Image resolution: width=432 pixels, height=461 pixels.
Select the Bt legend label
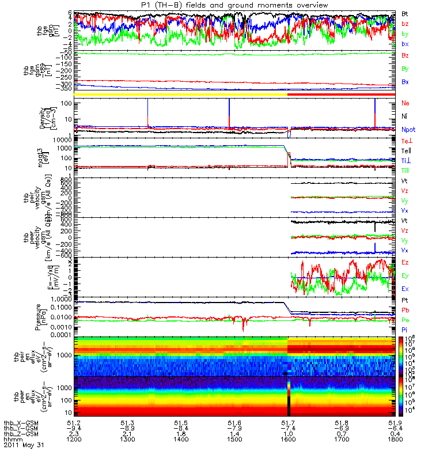point(406,13)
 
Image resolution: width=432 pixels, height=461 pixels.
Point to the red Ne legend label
point(406,103)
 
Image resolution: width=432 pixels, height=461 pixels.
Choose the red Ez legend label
point(406,263)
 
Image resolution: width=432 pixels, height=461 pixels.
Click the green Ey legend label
point(406,275)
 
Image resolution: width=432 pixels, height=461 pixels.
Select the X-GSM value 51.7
point(288,422)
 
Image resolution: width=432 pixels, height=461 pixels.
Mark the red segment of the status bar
point(340,94)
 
